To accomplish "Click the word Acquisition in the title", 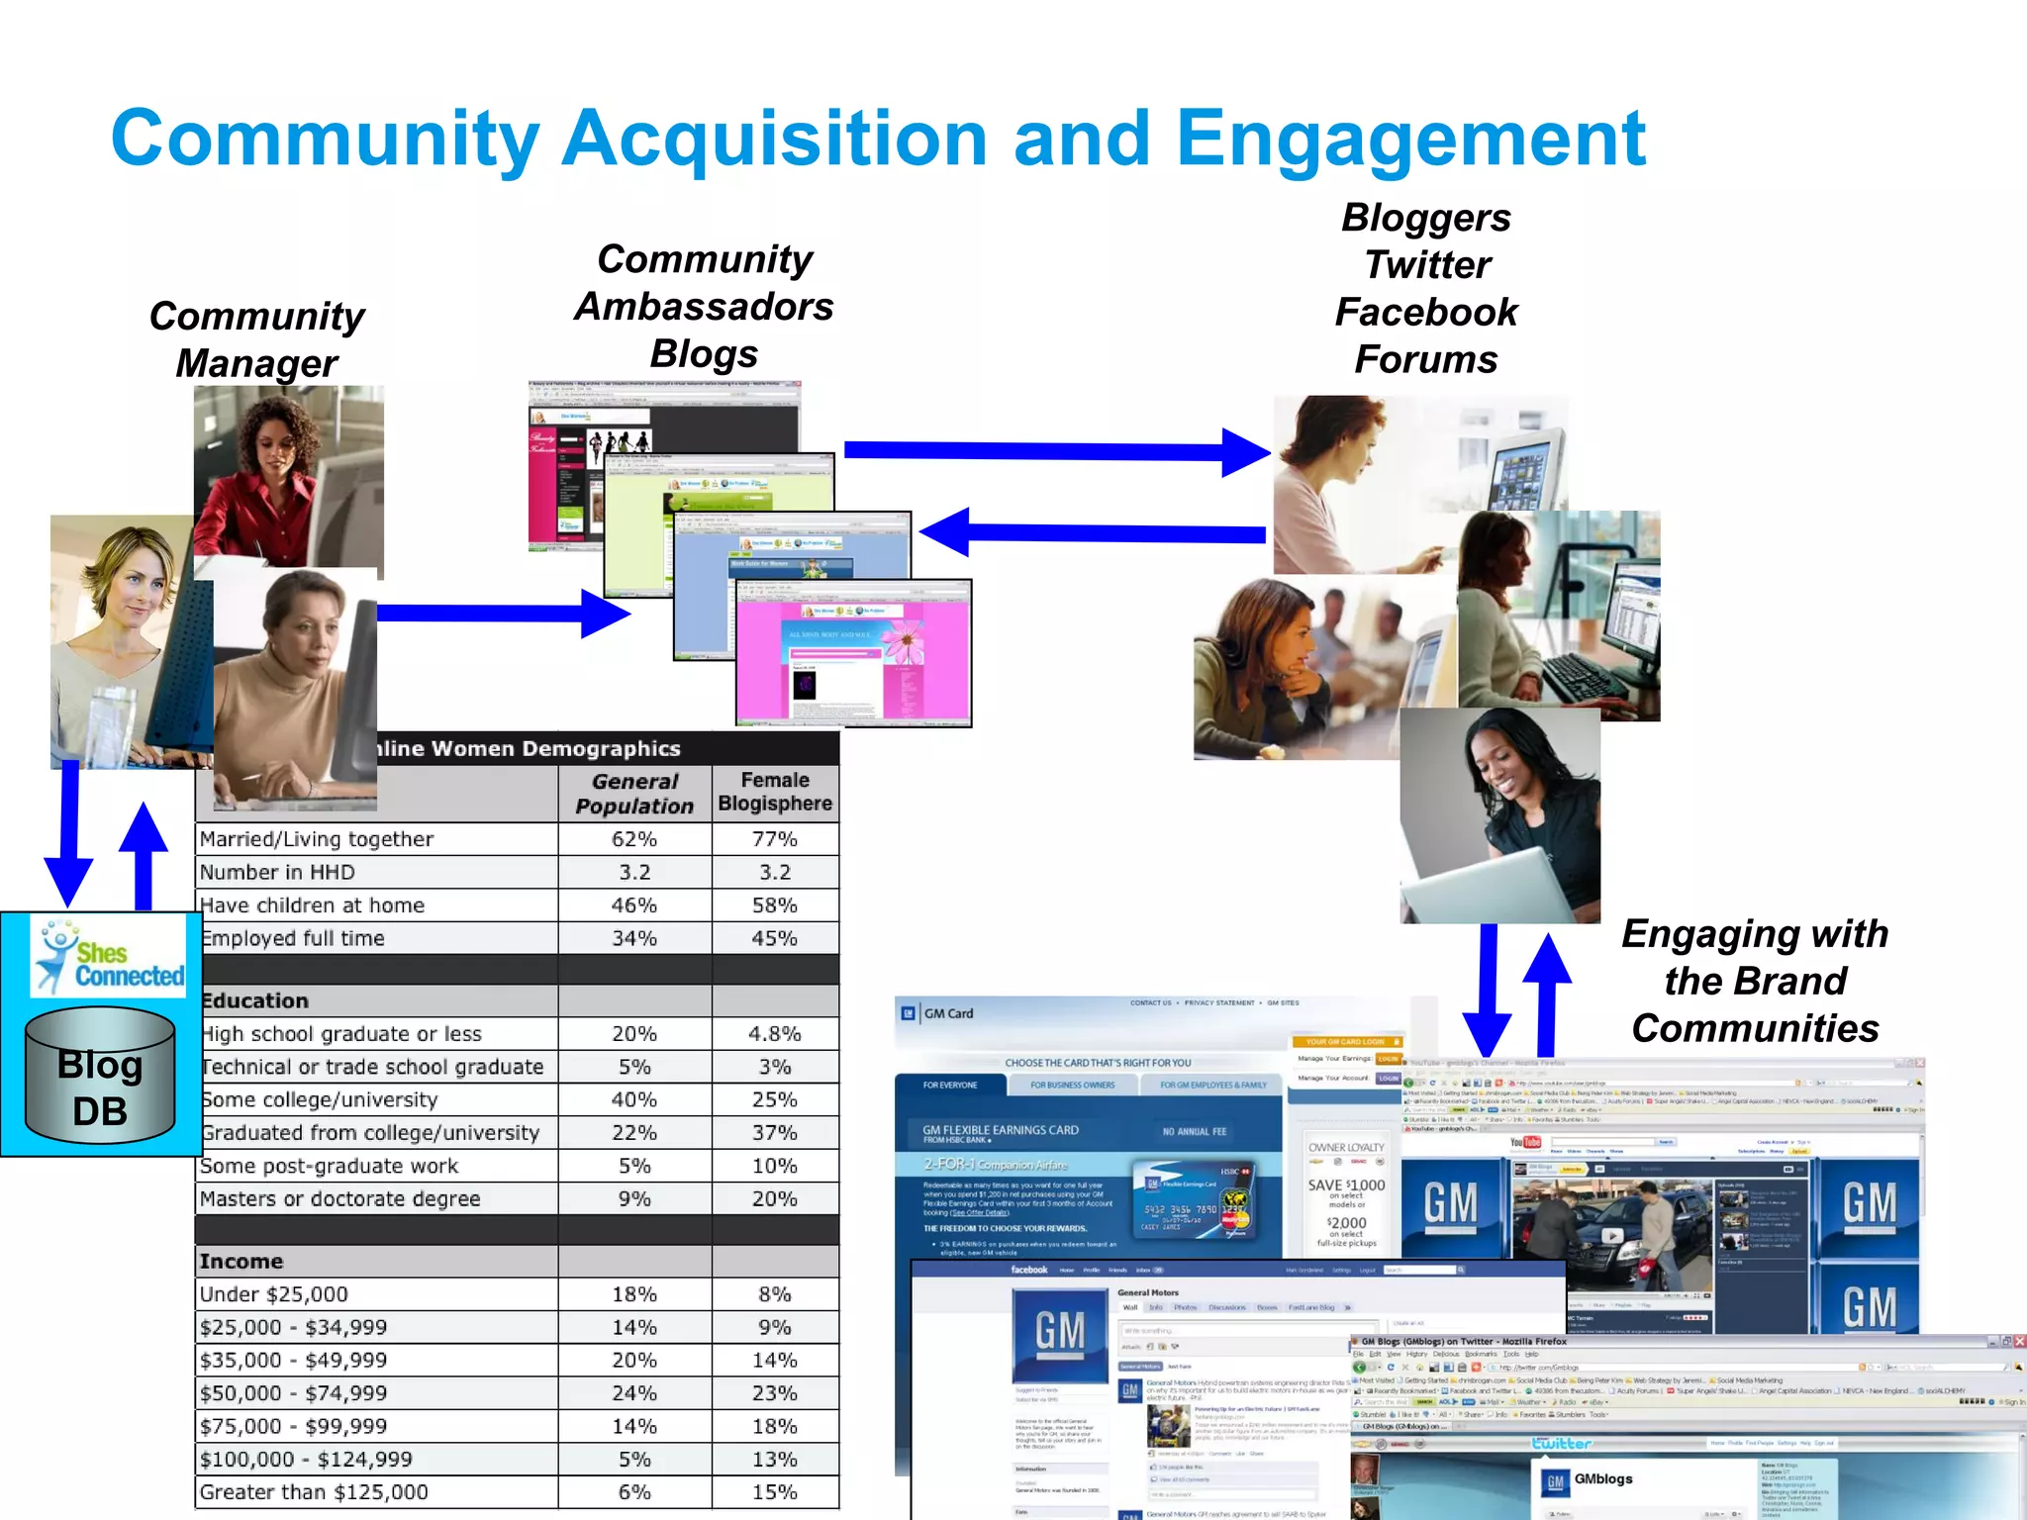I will (x=774, y=139).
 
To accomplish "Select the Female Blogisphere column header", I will (x=775, y=793).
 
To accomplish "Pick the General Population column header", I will (x=634, y=794).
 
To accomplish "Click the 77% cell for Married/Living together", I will (x=775, y=839).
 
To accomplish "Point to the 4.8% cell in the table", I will (x=775, y=1034).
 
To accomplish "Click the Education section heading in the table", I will (x=255, y=1000).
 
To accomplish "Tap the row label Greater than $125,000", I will (x=314, y=1492).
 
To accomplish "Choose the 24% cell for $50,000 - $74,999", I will (x=634, y=1393).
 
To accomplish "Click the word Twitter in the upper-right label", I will (x=1426, y=265).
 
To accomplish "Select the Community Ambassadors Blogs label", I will (x=704, y=307).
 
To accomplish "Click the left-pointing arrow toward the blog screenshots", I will (x=1089, y=533).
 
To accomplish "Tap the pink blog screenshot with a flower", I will (x=853, y=654).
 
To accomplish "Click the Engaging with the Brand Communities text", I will (x=1754, y=981).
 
